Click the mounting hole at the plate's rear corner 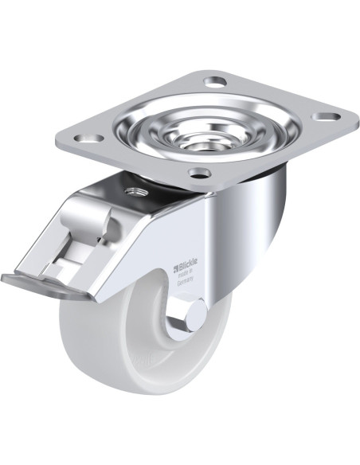coord(215,80)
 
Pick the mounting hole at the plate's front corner coord(199,172)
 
